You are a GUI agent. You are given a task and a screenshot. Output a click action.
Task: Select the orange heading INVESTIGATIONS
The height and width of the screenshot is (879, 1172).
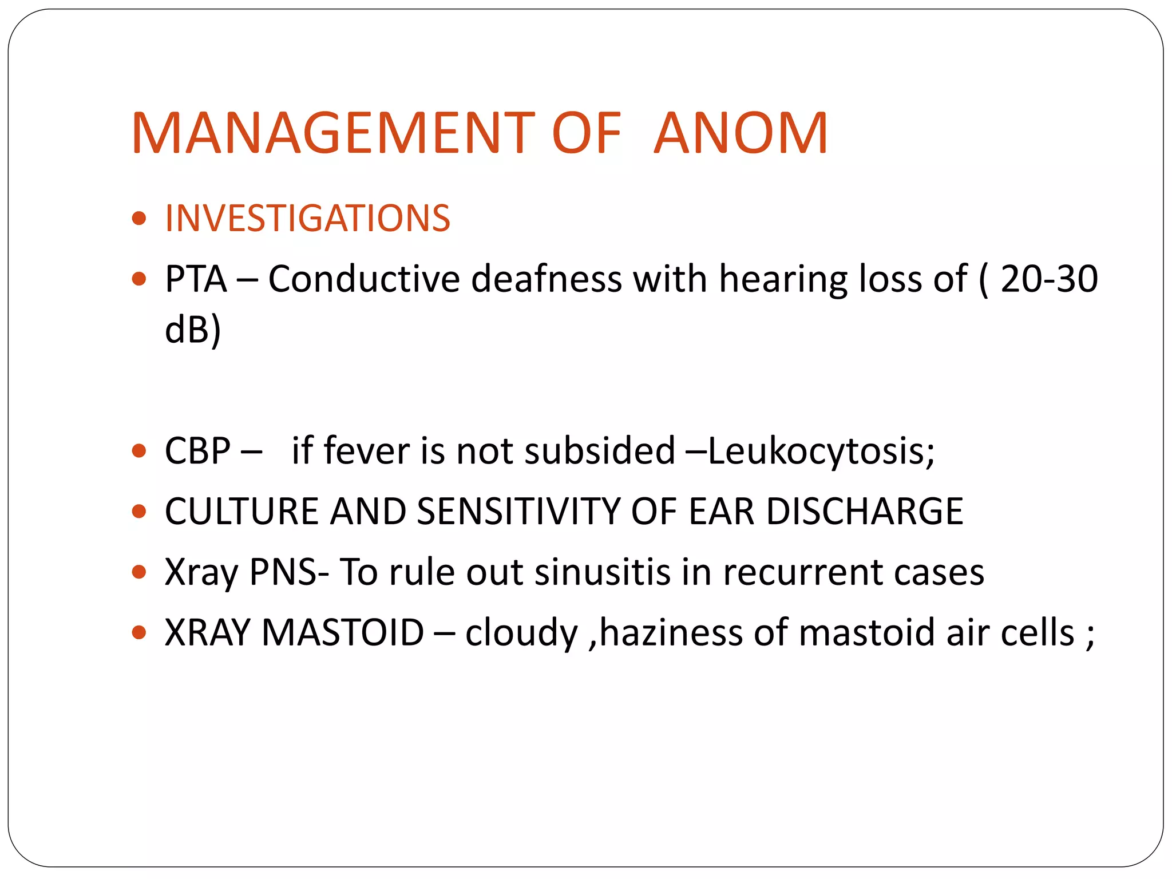coord(307,218)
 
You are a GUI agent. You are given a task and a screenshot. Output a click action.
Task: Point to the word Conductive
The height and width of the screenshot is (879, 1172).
coord(364,279)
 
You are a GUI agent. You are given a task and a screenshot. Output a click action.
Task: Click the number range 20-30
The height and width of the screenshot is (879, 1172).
coord(1049,279)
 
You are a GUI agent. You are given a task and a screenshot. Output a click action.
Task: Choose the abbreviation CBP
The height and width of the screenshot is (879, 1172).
coord(197,450)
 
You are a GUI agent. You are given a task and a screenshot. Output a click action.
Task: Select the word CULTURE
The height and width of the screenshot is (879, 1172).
coord(241,511)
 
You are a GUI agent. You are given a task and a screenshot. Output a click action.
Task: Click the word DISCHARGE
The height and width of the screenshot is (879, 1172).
coord(865,511)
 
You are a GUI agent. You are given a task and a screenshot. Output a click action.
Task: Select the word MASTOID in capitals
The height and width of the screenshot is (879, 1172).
coord(343,632)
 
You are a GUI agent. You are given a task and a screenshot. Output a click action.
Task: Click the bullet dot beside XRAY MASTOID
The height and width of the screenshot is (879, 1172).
coord(139,632)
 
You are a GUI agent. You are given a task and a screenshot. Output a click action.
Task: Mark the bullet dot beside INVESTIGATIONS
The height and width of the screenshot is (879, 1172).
coord(139,218)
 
